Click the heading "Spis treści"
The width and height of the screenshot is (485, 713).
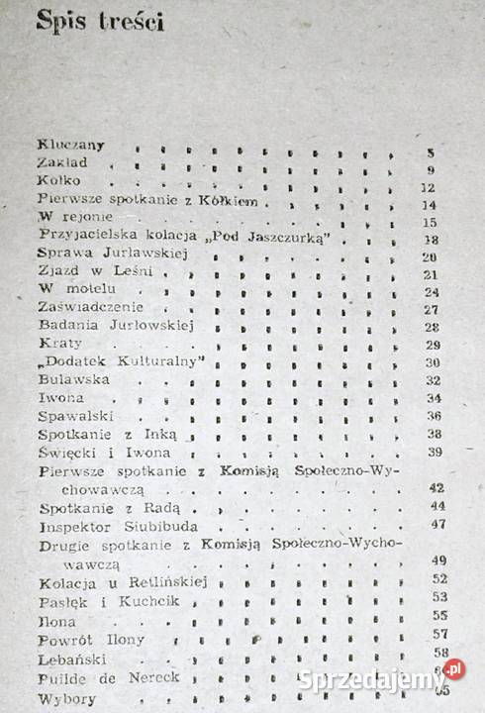(x=100, y=21)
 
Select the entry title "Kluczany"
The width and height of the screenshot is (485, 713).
(x=71, y=145)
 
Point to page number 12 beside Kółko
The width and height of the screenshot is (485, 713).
(x=429, y=187)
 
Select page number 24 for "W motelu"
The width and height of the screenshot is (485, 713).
(x=430, y=292)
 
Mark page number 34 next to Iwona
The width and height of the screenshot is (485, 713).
(x=431, y=398)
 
